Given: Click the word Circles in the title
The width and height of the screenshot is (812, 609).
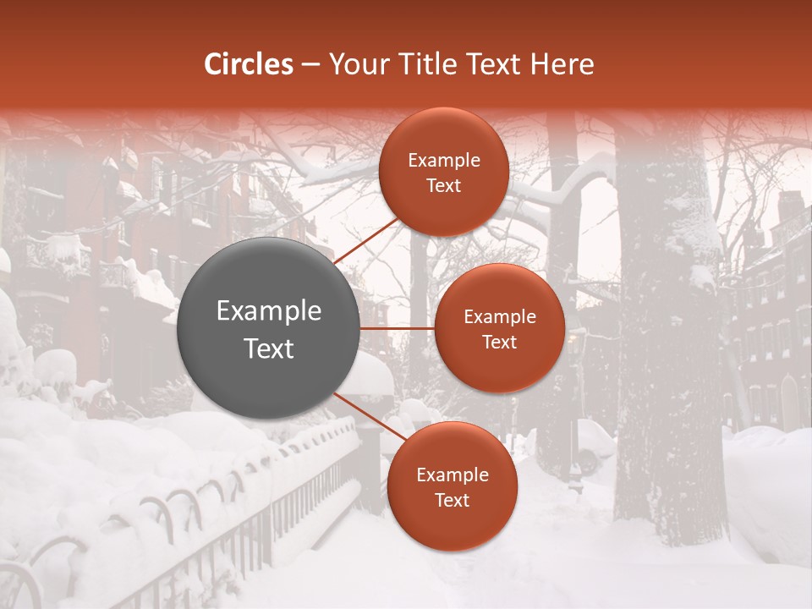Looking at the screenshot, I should coord(249,64).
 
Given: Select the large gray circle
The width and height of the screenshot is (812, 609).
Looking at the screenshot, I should coord(269,328).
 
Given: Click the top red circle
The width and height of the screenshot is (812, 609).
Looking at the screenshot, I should coord(443,172).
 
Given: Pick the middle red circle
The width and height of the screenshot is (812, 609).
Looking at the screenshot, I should coord(499,328).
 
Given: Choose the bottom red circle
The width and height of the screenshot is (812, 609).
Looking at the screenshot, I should coord(452,486).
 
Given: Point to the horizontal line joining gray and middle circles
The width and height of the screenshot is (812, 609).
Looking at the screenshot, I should coord(398,328).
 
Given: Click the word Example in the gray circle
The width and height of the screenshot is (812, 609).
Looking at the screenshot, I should coord(269,311).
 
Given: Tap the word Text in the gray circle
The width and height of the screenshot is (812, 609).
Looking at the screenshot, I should coord(269,348).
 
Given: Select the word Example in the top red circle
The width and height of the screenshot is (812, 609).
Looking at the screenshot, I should coord(443,161).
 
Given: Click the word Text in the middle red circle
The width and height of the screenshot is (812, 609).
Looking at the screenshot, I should coord(499,343).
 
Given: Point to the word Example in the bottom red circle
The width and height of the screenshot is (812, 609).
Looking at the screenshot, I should coord(452,475).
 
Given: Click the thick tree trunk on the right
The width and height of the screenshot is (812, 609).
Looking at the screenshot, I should coord(668,355).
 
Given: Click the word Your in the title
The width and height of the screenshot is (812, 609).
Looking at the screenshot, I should coord(355,64).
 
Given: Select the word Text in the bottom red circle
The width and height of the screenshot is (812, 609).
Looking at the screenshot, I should coord(452,501).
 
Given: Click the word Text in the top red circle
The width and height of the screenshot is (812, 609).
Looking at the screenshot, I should coord(443,186).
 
